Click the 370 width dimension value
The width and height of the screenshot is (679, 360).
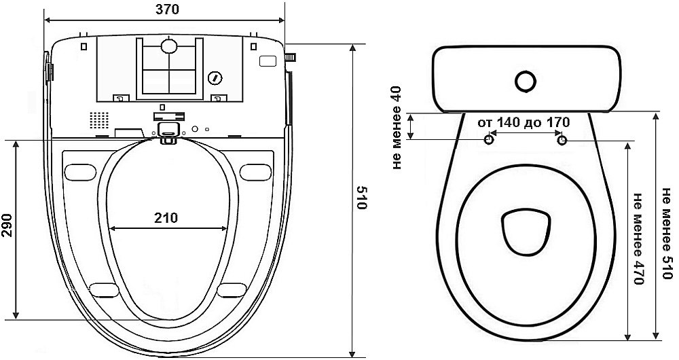click(167, 10)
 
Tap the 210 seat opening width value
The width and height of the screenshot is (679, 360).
click(166, 217)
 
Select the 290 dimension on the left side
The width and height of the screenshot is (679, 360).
click(7, 226)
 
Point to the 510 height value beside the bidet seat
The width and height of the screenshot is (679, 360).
click(361, 198)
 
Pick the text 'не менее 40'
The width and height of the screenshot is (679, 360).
click(397, 128)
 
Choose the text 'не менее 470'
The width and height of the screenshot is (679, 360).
click(639, 238)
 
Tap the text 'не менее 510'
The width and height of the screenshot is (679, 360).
click(667, 233)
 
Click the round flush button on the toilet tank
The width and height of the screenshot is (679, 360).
click(526, 81)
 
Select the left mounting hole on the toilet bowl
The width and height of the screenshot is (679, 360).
click(489, 140)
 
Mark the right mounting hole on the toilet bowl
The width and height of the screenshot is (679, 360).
click(562, 140)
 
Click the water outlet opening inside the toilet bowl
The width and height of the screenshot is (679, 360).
click(526, 232)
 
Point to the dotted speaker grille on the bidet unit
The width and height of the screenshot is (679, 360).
click(98, 120)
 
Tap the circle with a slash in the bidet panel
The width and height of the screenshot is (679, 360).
click(215, 78)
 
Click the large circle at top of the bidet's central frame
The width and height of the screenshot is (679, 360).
click(169, 46)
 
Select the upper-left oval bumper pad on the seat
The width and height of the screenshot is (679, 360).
click(80, 173)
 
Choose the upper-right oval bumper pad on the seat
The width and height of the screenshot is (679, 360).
click(255, 173)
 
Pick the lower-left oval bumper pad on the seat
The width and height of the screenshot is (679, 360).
click(105, 290)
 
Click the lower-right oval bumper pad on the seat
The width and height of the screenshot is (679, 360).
click(232, 290)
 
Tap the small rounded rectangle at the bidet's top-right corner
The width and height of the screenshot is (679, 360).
click(268, 61)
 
